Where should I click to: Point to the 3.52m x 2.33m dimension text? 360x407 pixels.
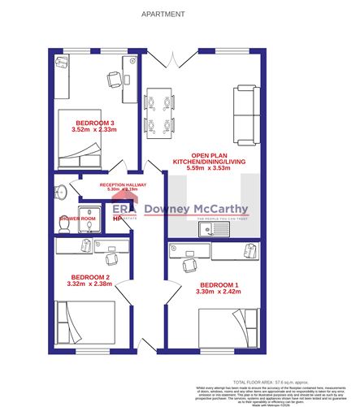pyautogui.click(x=95, y=130)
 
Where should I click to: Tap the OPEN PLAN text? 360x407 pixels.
pyautogui.click(x=211, y=155)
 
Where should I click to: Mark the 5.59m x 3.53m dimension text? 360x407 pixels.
pyautogui.click(x=211, y=170)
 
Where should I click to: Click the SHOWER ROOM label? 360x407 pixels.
pyautogui.click(x=77, y=219)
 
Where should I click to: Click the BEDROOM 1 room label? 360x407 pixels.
pyautogui.click(x=219, y=284)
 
